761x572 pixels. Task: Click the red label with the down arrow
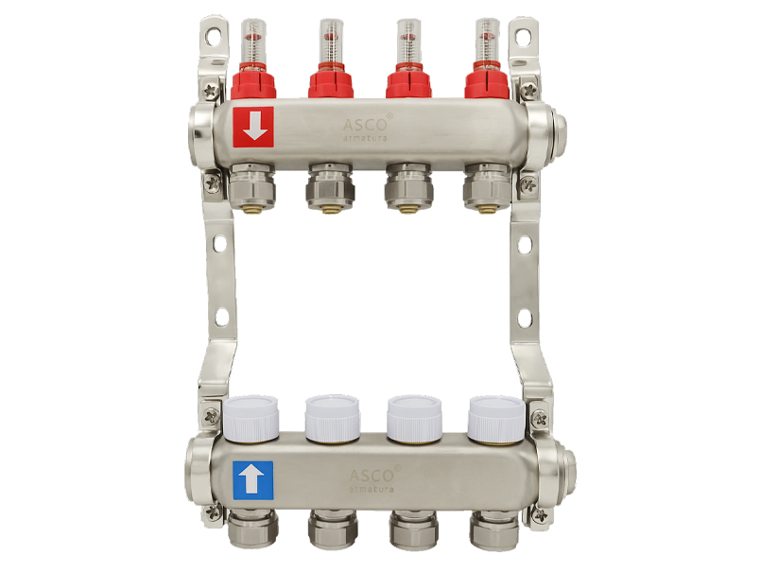(253, 127)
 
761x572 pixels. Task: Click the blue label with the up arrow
(252, 480)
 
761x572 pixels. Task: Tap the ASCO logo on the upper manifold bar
(366, 129)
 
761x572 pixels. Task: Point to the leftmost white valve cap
(251, 418)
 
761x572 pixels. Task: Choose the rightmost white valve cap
(496, 419)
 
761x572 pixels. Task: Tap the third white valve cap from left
(414, 418)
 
